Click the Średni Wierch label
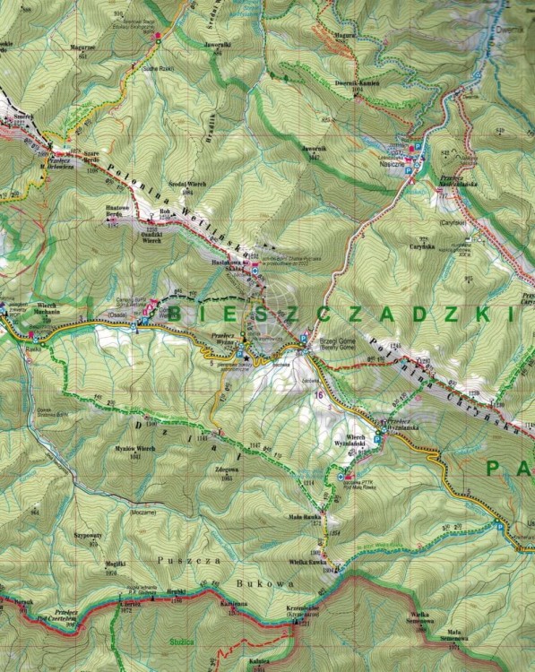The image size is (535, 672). tap(193, 185)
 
